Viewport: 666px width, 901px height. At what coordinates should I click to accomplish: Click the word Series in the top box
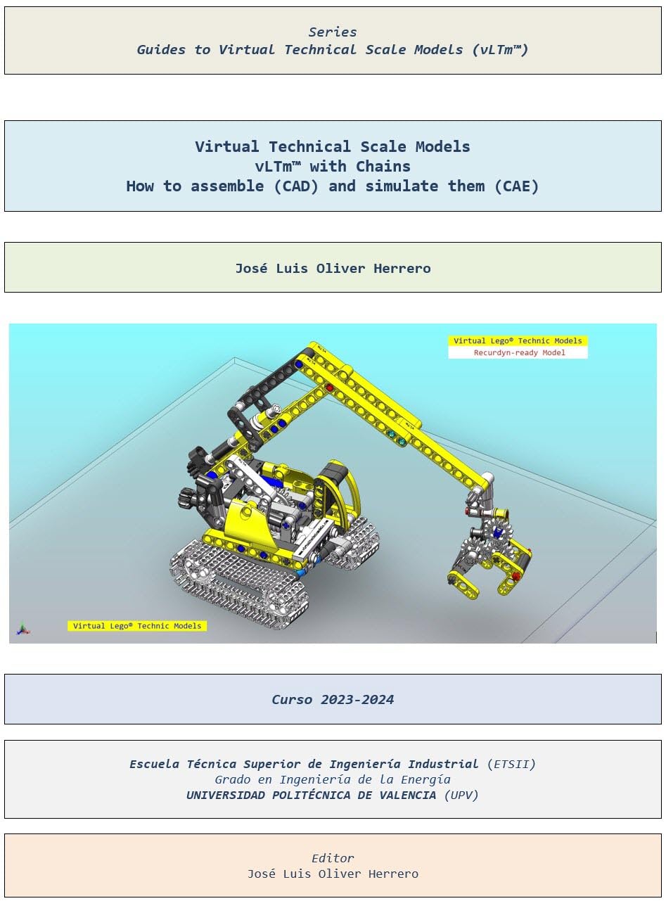pyautogui.click(x=333, y=32)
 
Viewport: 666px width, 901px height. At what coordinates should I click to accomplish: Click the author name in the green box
pyautogui.click(x=333, y=268)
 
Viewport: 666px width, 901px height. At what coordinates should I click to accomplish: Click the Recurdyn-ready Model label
pyautogui.click(x=518, y=353)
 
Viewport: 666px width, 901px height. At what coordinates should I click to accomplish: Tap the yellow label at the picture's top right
pyautogui.click(x=518, y=341)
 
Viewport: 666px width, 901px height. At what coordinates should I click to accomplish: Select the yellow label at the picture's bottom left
pyautogui.click(x=137, y=626)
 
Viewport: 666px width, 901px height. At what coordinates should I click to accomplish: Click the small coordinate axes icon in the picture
pyautogui.click(x=23, y=627)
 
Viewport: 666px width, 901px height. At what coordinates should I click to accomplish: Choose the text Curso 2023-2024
pyautogui.click(x=333, y=700)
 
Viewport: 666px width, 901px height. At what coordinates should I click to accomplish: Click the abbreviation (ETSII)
pyautogui.click(x=511, y=764)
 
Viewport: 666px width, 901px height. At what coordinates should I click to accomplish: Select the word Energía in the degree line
pyautogui.click(x=421, y=779)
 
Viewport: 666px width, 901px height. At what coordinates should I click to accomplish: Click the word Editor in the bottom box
pyautogui.click(x=333, y=858)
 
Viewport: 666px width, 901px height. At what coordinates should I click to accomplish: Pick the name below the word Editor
pyautogui.click(x=333, y=874)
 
